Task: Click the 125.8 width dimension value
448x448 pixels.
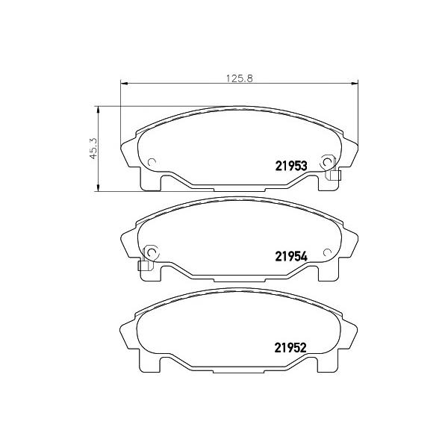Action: (240, 78)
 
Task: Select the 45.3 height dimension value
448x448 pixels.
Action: (93, 149)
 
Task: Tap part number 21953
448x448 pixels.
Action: (291, 166)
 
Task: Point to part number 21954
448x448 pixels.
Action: (291, 256)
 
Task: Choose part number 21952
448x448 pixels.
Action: (290, 348)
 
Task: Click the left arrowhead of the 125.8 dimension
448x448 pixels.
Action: (123, 84)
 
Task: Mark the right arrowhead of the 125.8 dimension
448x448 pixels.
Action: (355, 84)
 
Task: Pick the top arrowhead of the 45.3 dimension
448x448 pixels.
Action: (98, 110)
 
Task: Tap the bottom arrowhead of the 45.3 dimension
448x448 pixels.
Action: (98, 187)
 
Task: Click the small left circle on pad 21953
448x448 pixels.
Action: (152, 162)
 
